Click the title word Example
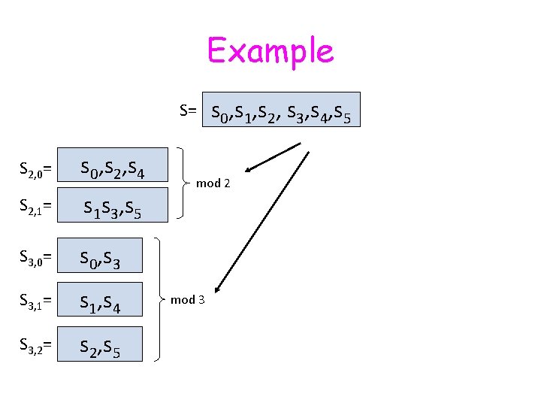point(270,51)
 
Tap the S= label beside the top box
point(188,111)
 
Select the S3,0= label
point(35,259)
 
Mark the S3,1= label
point(35,301)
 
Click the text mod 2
point(213,183)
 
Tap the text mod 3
point(187,300)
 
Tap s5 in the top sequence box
point(342,114)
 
